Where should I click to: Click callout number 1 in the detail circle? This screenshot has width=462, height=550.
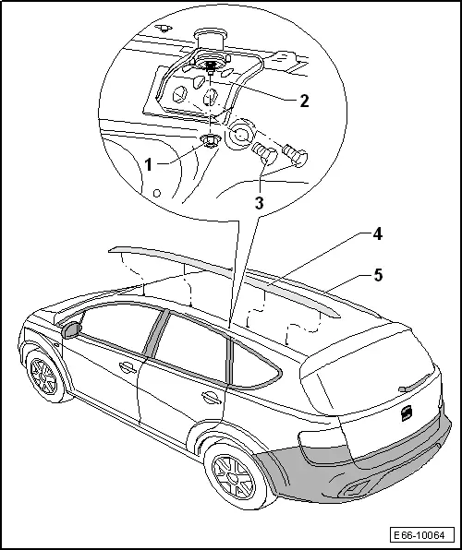point(149,164)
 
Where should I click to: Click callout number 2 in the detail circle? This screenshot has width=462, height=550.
point(304,101)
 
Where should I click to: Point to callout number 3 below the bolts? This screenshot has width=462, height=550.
point(260,203)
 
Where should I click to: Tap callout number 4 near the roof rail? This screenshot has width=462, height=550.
point(377,234)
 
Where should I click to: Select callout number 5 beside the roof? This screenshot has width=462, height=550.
point(378,275)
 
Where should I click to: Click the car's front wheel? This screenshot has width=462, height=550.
point(44,377)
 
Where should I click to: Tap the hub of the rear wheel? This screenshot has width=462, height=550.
point(233,477)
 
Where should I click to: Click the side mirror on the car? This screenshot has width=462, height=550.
point(71,329)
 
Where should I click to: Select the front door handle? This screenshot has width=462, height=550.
point(128,367)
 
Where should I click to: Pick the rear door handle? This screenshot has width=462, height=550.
point(212,398)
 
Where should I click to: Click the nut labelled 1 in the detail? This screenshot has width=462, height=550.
point(210,140)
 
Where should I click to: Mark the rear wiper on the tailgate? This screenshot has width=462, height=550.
point(415,383)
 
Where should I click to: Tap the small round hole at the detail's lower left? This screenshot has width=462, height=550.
point(157,193)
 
